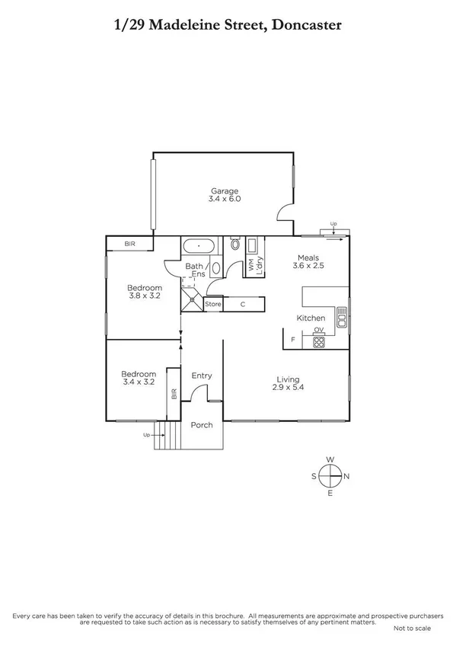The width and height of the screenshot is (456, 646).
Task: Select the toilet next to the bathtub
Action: (x=234, y=245)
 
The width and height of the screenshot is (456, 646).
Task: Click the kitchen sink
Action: (x=342, y=316)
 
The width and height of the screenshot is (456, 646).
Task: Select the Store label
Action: (x=213, y=305)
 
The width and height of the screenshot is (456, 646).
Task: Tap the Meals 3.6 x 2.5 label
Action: (x=307, y=261)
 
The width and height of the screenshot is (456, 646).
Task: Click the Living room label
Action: (x=288, y=383)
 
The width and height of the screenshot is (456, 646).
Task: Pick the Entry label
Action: (x=202, y=376)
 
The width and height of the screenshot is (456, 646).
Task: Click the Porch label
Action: (x=202, y=425)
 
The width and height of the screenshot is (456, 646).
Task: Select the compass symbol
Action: (x=330, y=476)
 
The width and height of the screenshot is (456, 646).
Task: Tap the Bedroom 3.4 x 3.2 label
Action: (x=139, y=378)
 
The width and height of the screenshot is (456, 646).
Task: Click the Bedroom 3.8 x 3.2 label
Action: (x=145, y=292)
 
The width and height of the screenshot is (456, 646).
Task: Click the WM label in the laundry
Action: (x=250, y=265)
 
